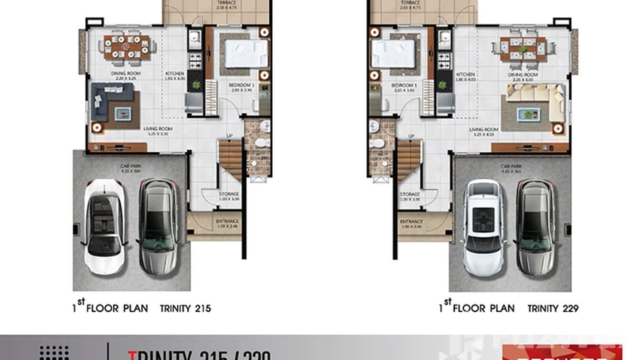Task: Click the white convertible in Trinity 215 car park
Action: point(106,227)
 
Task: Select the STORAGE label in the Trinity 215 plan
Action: point(229,194)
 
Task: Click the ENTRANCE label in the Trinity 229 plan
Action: point(411,222)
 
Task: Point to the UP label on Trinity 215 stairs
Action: point(229,137)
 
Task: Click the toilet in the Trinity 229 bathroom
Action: point(377,142)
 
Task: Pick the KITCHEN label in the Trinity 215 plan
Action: point(175,74)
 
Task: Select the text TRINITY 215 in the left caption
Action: point(186,308)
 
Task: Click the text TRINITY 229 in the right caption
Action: point(553,308)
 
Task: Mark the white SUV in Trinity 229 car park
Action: point(483,227)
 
